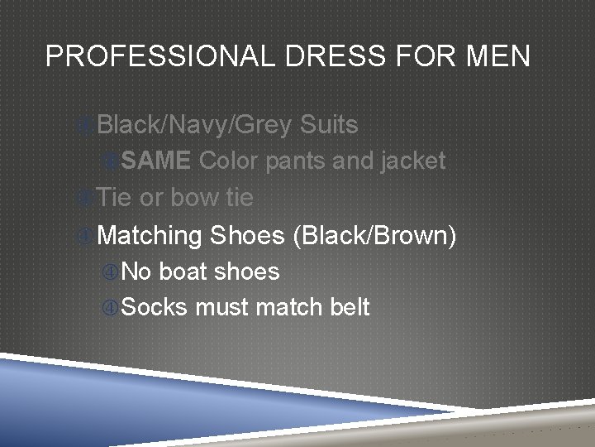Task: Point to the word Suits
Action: (x=329, y=125)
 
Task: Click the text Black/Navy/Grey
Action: (x=194, y=125)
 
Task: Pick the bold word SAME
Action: (x=159, y=161)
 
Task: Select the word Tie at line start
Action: (x=115, y=197)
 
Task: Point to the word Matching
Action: (x=149, y=236)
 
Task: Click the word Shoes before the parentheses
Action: (x=248, y=235)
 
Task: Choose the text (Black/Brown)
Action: (x=374, y=236)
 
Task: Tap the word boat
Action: (x=187, y=272)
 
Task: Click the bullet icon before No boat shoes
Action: (x=110, y=272)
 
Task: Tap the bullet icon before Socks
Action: (x=110, y=308)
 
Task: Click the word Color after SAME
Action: (x=229, y=161)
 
